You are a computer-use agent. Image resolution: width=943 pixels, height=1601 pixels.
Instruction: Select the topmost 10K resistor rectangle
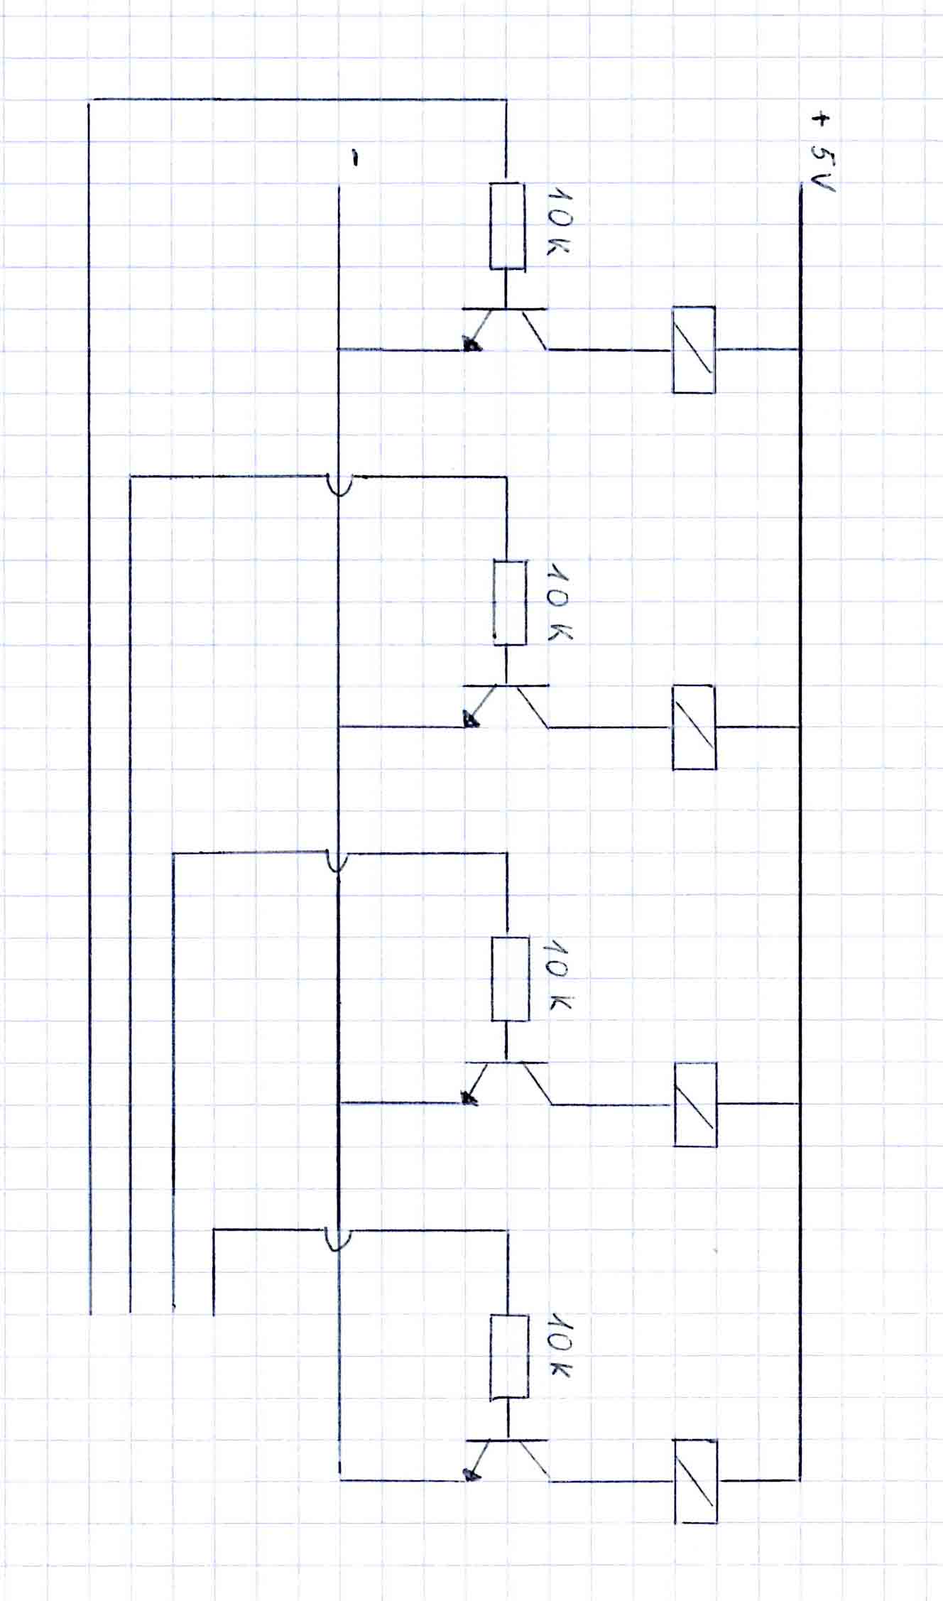(507, 226)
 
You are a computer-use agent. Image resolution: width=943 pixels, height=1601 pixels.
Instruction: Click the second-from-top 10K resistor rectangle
(510, 602)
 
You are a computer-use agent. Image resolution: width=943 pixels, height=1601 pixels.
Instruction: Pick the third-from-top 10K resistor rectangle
(510, 979)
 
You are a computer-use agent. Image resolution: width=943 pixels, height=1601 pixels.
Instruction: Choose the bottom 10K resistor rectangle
(509, 1356)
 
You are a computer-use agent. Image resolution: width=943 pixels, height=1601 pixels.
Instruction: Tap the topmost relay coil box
(693, 349)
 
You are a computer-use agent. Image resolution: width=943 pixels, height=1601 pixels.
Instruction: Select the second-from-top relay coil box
(694, 727)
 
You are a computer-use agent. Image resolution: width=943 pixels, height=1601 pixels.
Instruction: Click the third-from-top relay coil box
(694, 1104)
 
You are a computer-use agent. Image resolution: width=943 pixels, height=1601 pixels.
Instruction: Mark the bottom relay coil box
(695, 1481)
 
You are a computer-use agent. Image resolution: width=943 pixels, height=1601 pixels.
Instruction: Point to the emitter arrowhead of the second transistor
(471, 721)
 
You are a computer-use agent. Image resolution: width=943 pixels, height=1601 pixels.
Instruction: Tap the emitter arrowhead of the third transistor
(469, 1099)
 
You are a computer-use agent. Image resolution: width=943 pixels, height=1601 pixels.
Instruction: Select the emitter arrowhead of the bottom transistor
(470, 1475)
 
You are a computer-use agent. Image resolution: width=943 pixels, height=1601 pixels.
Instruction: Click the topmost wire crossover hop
(339, 485)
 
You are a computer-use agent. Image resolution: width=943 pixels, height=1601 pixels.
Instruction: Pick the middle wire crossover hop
(337, 861)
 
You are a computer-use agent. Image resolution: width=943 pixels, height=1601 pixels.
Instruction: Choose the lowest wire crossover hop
(337, 1239)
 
